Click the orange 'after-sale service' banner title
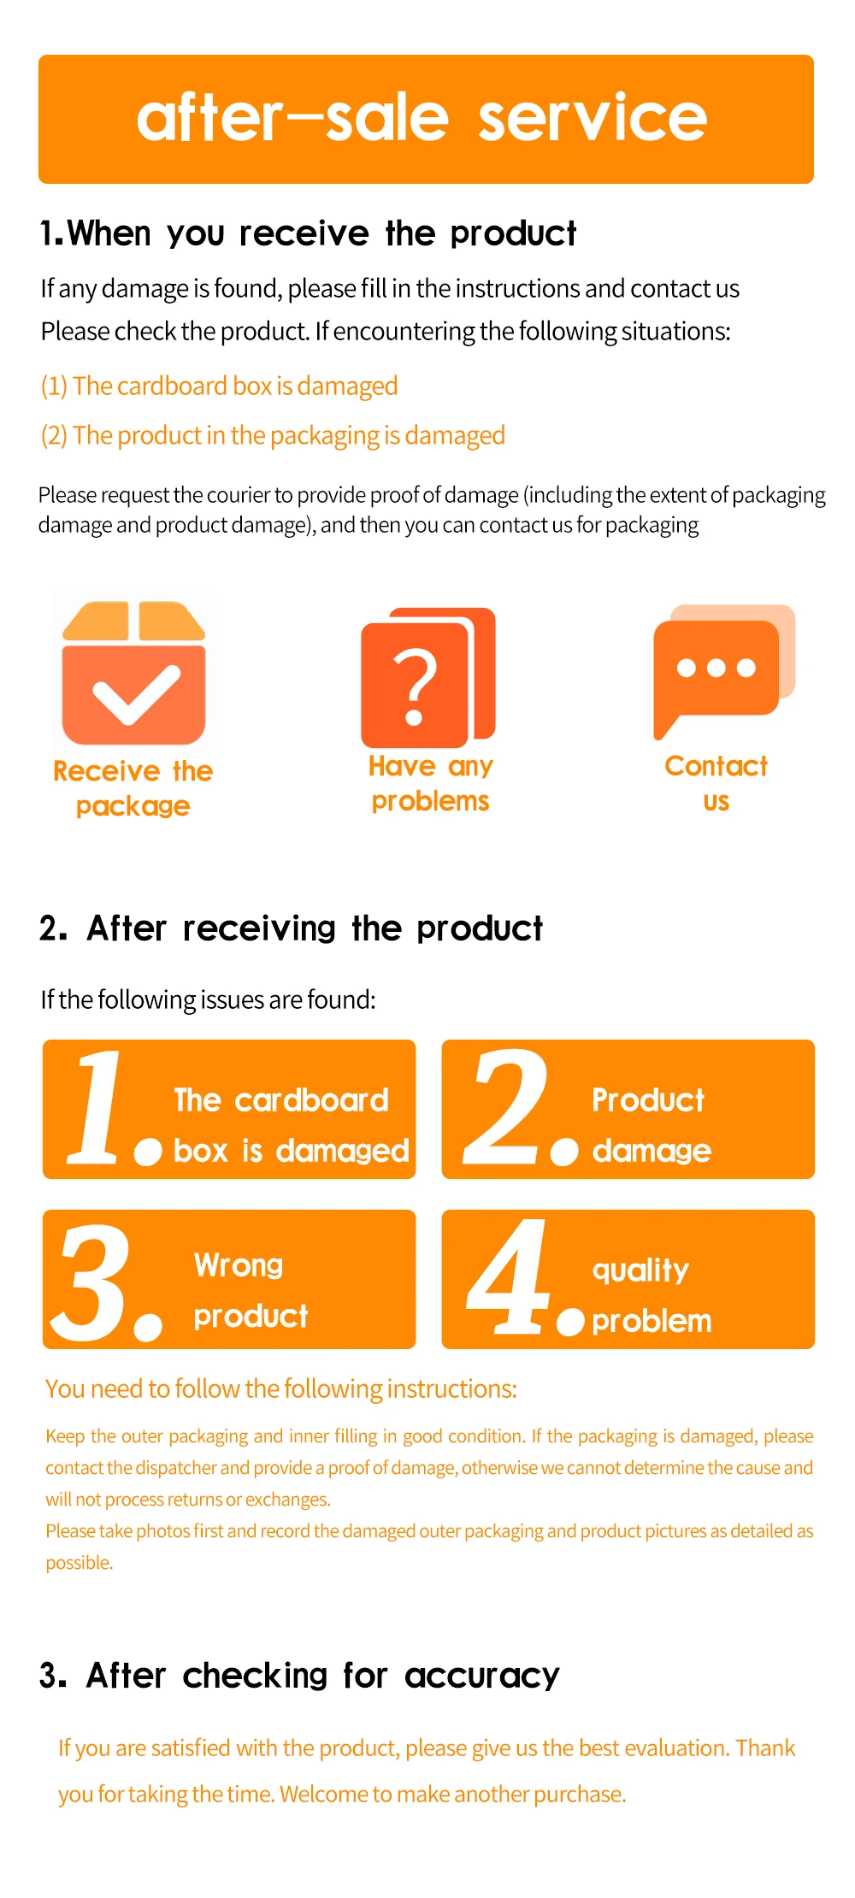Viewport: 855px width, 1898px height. (422, 118)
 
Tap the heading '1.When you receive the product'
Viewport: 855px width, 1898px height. (308, 233)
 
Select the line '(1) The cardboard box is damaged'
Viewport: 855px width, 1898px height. (219, 386)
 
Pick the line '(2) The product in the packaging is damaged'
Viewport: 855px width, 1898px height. (273, 436)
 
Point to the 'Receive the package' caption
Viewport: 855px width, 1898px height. (133, 788)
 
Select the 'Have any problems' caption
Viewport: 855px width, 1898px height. (430, 783)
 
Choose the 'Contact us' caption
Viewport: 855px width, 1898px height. (716, 783)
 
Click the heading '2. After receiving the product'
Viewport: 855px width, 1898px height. (291, 928)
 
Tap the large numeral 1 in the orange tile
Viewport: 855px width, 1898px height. (99, 1109)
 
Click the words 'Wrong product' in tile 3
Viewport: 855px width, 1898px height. (250, 1291)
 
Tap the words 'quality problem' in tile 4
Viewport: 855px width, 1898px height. (651, 1295)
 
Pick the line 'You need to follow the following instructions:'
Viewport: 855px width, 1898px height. (281, 1389)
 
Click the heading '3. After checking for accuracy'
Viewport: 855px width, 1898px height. (299, 1676)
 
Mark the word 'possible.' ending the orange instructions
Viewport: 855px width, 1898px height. (80, 1563)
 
